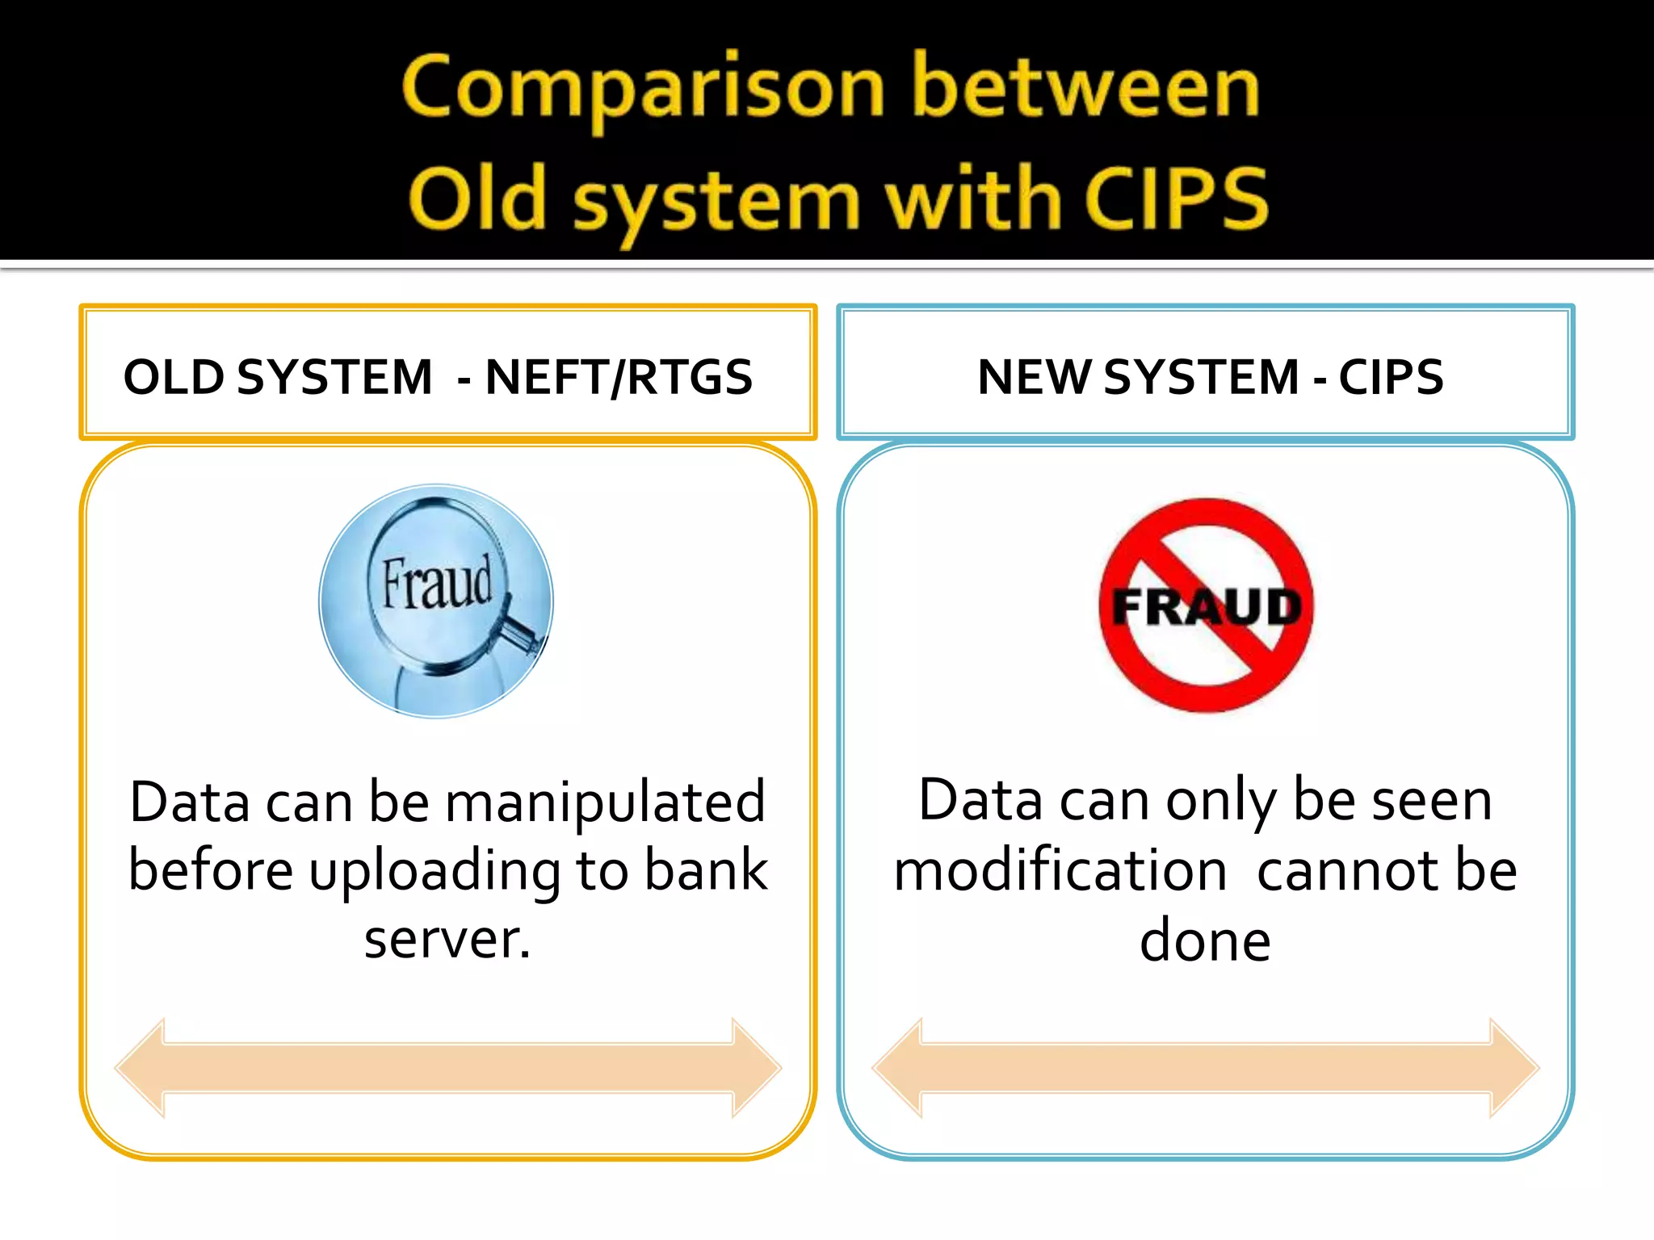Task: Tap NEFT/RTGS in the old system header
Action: pyautogui.click(x=619, y=377)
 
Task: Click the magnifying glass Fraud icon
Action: pyautogui.click(x=436, y=601)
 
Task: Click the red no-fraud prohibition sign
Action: pyautogui.click(x=1206, y=605)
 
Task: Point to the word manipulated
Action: pyautogui.click(x=605, y=802)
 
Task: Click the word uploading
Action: pyautogui.click(x=434, y=872)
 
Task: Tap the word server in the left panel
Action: pyautogui.click(x=446, y=940)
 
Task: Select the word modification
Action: pyautogui.click(x=1060, y=872)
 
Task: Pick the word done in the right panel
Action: pyautogui.click(x=1205, y=941)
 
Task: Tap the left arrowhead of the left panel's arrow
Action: pyautogui.click(x=139, y=1068)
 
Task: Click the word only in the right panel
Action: pyautogui.click(x=1220, y=802)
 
